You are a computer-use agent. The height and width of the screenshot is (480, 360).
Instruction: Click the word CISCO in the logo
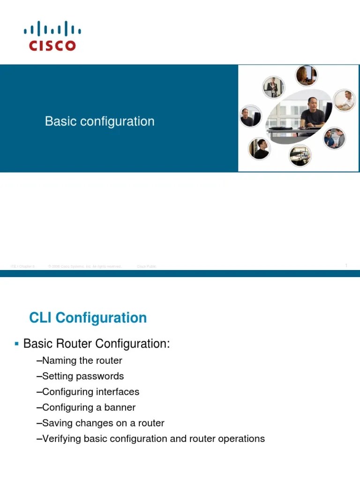point(52,45)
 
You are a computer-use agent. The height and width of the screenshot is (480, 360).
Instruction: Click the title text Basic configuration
point(99,121)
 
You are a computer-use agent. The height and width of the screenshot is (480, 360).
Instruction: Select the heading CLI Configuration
point(88,318)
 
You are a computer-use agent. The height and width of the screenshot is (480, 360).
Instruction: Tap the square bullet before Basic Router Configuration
point(17,344)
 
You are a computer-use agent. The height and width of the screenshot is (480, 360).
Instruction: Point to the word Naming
point(59,360)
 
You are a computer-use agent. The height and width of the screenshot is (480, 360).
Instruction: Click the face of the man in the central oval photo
point(311,104)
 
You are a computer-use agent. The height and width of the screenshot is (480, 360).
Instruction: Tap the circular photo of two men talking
point(335,138)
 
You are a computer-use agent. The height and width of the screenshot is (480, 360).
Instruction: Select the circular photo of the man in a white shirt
point(345,100)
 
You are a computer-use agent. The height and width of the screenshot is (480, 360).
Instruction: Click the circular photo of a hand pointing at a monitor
point(300,155)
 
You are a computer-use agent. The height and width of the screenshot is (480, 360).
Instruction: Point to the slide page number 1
point(346,266)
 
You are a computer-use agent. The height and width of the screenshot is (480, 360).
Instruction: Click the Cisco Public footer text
point(146,266)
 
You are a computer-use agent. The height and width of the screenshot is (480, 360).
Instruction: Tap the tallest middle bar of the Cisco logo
point(52,28)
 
